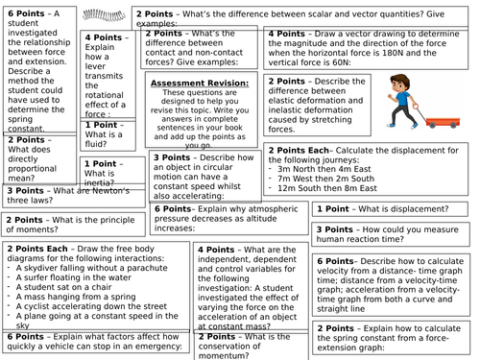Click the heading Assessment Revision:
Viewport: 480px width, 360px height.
coord(202,84)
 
